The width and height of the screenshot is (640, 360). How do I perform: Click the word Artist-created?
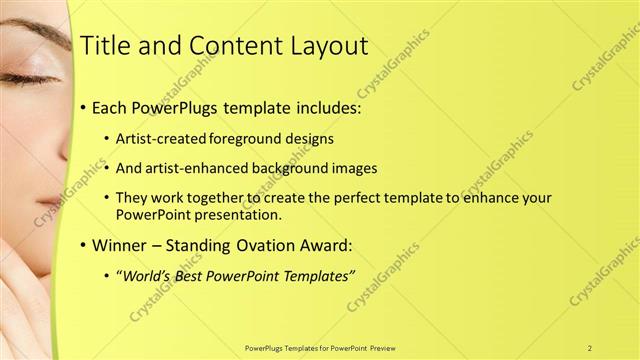coord(164,138)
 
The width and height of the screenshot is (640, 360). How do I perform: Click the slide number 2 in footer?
coord(590,348)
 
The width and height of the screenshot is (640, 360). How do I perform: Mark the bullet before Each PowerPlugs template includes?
coord(81,107)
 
